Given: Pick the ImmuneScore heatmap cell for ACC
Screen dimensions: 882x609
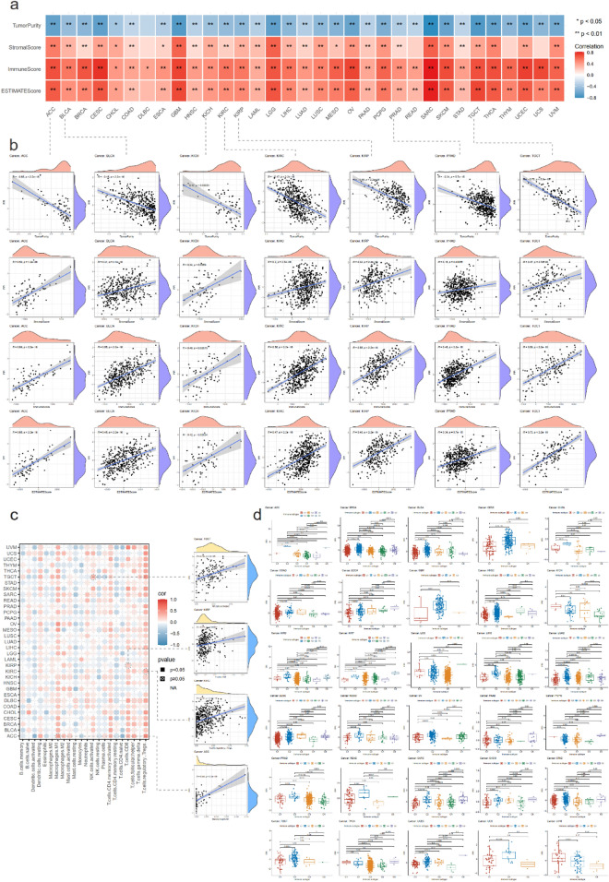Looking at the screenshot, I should pos(57,67).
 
